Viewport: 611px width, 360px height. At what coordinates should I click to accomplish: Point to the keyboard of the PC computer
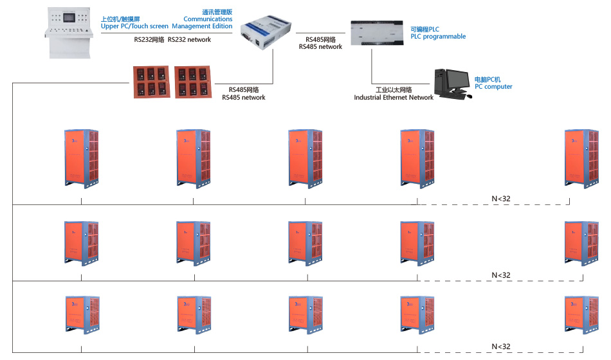click(x=454, y=97)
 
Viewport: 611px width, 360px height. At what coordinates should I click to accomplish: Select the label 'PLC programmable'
click(x=438, y=37)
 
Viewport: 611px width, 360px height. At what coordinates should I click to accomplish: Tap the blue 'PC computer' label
click(x=493, y=87)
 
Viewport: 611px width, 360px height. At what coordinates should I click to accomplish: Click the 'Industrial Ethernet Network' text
click(x=394, y=98)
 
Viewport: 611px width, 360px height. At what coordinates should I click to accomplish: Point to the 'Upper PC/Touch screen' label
click(x=134, y=26)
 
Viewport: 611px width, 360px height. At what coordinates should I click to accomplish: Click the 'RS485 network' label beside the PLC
click(x=320, y=46)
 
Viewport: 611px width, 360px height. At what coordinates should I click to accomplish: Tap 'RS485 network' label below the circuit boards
click(x=243, y=98)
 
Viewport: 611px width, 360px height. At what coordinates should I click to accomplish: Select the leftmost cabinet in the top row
click(x=82, y=158)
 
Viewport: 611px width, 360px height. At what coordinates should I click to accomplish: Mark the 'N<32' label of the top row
click(x=501, y=199)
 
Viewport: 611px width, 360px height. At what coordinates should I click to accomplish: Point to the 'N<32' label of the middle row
click(x=501, y=275)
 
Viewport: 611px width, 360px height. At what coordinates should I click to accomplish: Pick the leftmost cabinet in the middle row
click(x=82, y=244)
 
